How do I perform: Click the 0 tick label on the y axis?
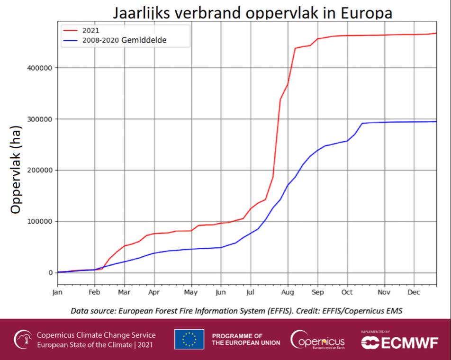[x=50, y=273]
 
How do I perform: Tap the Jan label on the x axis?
[x=57, y=292]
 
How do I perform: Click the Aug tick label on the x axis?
[x=288, y=292]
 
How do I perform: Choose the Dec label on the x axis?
[x=414, y=292]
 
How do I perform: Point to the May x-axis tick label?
[x=191, y=292]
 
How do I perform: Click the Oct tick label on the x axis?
[x=347, y=292]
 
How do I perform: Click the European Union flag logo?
[x=189, y=339]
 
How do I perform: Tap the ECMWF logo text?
[x=399, y=343]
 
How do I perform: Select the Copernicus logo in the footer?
[x=318, y=339]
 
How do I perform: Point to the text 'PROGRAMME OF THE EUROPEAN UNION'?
[x=246, y=339]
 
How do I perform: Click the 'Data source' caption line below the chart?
[x=240, y=311]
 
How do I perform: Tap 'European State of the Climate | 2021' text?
[x=96, y=344]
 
